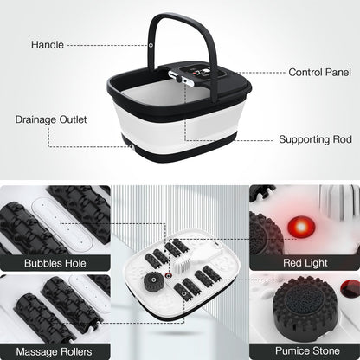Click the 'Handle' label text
[46, 44]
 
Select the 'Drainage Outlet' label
[48, 120]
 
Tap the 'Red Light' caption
[305, 262]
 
